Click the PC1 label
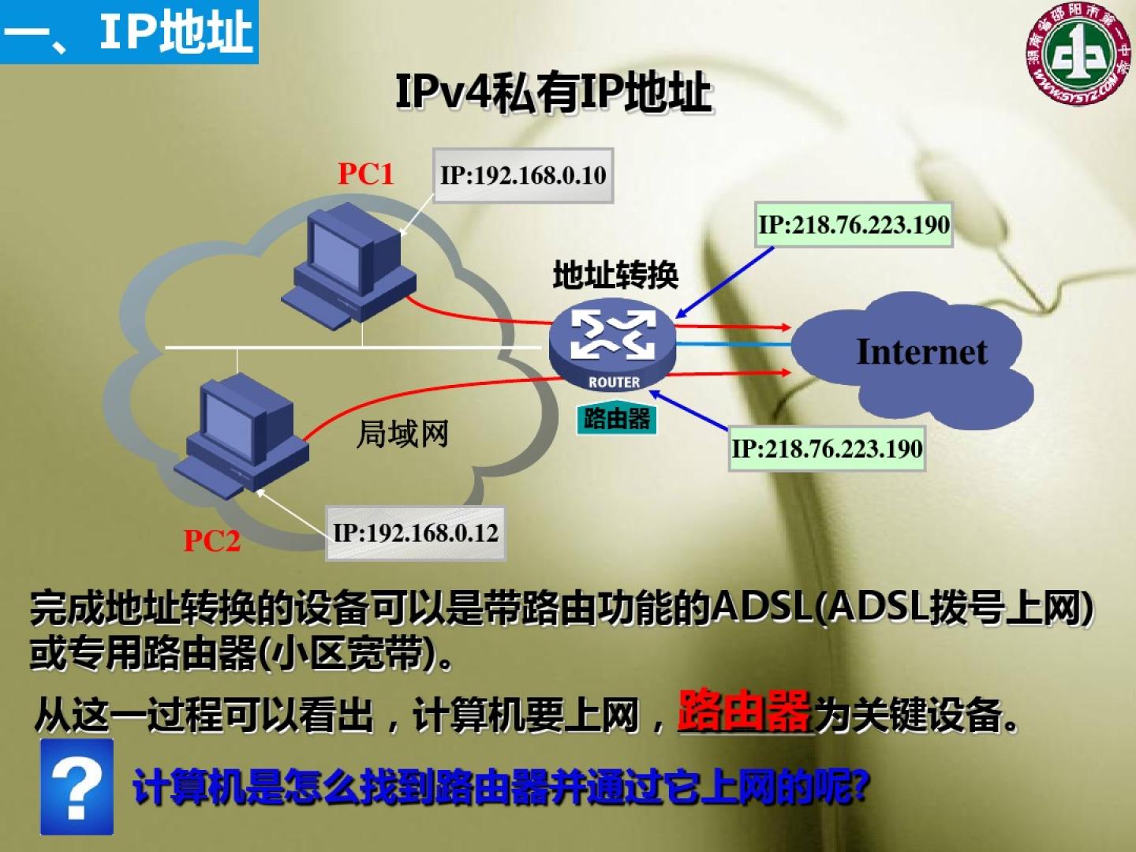365,174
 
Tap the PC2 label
211,541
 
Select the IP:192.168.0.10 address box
523,175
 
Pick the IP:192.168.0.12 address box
416,534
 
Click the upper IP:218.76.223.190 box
854,225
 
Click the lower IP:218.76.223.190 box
827,449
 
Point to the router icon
613,347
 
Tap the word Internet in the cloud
921,352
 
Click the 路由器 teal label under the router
616,419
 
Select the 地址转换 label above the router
615,275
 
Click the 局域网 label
402,434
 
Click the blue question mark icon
77,787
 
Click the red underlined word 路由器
744,711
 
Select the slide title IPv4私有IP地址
554,93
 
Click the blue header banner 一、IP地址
129,32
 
